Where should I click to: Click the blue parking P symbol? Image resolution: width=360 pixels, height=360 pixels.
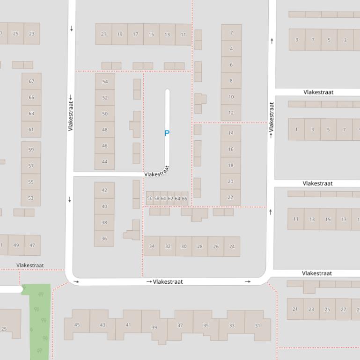point(167,133)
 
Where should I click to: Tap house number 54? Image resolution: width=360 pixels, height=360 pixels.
point(105,82)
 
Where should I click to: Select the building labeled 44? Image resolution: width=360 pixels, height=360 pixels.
point(105,162)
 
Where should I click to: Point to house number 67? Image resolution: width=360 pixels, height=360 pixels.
point(31,81)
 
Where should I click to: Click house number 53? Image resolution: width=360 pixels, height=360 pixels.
point(31,198)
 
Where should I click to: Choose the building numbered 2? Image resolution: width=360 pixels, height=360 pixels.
point(231,33)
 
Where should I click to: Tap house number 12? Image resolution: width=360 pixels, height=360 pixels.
point(231,113)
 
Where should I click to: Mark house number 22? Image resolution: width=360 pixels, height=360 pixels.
point(230,197)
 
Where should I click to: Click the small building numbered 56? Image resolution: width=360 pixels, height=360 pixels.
point(150,199)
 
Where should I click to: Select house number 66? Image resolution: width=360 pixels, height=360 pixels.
point(184,199)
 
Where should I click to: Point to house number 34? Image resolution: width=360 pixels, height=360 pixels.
point(152,246)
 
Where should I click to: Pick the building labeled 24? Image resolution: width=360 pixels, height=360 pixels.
point(232,246)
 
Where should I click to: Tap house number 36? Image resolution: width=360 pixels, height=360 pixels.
point(104,238)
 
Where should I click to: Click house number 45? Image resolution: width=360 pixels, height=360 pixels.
point(77,325)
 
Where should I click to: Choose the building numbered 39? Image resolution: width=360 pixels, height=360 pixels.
point(154,327)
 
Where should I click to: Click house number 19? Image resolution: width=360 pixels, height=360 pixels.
point(120,34)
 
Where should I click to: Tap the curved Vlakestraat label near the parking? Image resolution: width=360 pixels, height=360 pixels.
point(157,173)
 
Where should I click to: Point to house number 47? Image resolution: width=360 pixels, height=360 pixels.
point(32,245)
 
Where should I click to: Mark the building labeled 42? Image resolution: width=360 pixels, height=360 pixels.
point(104,190)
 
